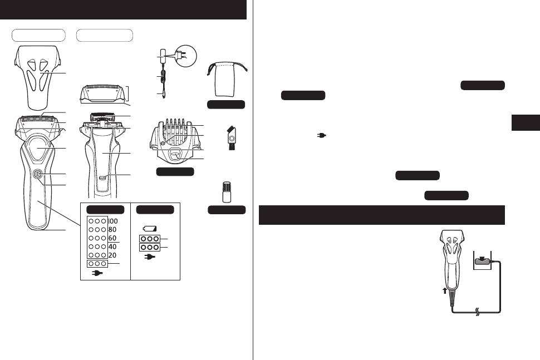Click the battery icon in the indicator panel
(x=150, y=228)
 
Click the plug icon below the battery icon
(x=150, y=257)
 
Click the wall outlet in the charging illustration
(x=482, y=260)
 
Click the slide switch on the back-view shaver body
(x=102, y=178)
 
